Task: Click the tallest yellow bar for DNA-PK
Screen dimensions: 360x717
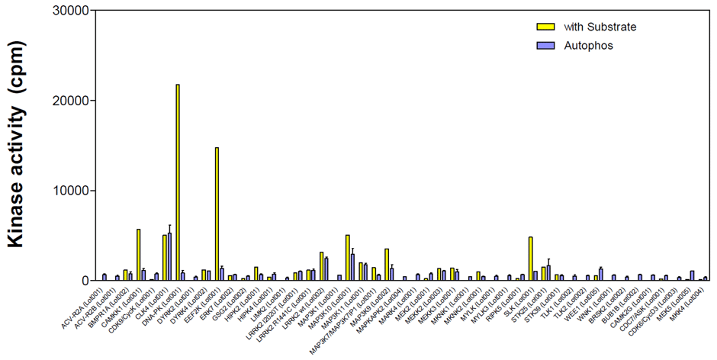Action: [x=178, y=183]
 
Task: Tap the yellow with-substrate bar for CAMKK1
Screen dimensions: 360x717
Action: [x=138, y=255]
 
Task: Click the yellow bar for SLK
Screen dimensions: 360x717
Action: [x=530, y=259]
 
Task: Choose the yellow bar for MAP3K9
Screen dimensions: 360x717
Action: [x=387, y=265]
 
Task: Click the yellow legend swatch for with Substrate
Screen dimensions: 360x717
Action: [x=545, y=27]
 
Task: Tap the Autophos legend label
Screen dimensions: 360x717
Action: [x=588, y=46]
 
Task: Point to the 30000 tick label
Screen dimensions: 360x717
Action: [x=71, y=11]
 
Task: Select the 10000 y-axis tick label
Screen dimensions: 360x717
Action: [x=71, y=191]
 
